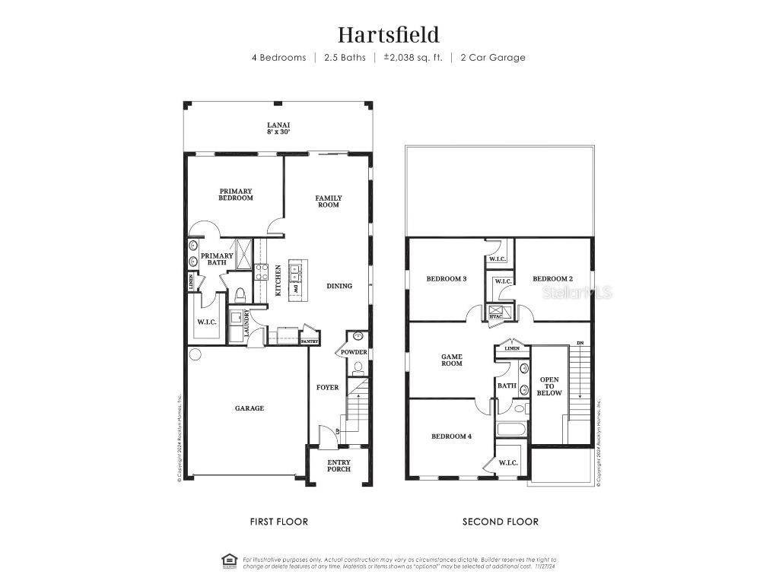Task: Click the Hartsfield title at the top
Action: pyautogui.click(x=389, y=34)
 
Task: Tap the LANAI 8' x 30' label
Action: pyautogui.click(x=278, y=129)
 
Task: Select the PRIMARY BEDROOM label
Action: pyautogui.click(x=236, y=195)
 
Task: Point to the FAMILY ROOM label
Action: pyautogui.click(x=329, y=202)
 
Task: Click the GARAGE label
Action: pyautogui.click(x=249, y=408)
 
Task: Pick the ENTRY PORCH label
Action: pyautogui.click(x=339, y=465)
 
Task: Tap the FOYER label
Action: pyautogui.click(x=328, y=388)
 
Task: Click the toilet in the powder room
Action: pyautogui.click(x=358, y=367)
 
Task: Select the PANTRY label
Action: pyautogui.click(x=309, y=342)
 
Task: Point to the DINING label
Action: pyautogui.click(x=339, y=286)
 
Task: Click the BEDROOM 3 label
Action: pyautogui.click(x=446, y=279)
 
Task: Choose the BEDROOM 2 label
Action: pyautogui.click(x=552, y=279)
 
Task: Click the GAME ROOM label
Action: pyautogui.click(x=452, y=360)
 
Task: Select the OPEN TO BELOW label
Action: pyautogui.click(x=550, y=386)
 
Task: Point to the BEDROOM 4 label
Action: pyautogui.click(x=451, y=436)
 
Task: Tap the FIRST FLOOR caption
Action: pyautogui.click(x=279, y=522)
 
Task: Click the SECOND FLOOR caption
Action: pyautogui.click(x=501, y=522)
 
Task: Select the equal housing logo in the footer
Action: pyautogui.click(x=229, y=561)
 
